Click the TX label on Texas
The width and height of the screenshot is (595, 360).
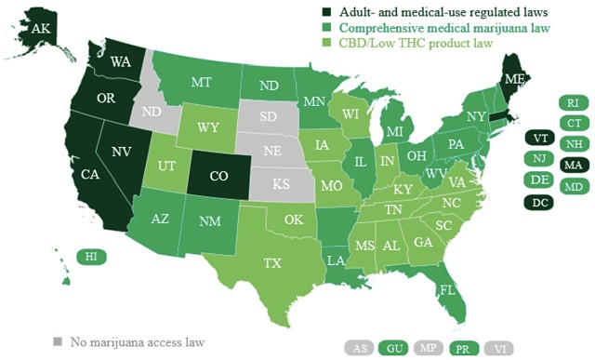click(271, 263)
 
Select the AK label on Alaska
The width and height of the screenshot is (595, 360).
click(41, 29)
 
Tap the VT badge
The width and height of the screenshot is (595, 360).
click(539, 138)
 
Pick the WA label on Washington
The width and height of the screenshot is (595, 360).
click(120, 62)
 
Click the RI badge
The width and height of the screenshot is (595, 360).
click(573, 104)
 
